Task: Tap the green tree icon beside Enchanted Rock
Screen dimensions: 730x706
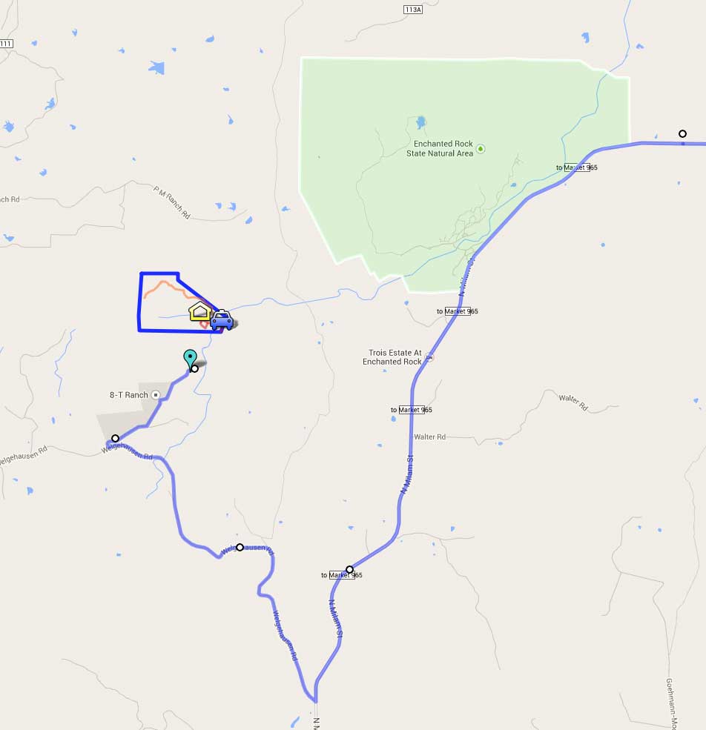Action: (x=481, y=149)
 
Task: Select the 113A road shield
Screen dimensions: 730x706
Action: (x=413, y=9)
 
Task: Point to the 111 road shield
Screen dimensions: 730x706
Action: (x=6, y=44)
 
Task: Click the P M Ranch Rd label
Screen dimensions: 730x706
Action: (x=172, y=202)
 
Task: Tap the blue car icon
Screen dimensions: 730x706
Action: (x=221, y=319)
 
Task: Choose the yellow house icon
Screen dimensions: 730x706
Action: (x=199, y=311)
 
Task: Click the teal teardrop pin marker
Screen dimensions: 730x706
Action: (x=190, y=358)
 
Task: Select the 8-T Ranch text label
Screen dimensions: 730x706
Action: (x=129, y=395)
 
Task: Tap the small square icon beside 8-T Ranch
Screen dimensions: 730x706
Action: (x=155, y=395)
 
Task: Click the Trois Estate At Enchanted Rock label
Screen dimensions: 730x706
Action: (x=395, y=357)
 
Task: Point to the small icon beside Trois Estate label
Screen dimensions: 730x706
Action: (x=429, y=357)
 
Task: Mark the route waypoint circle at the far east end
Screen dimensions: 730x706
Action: (x=682, y=134)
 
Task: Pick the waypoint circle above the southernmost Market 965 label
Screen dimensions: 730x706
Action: (x=350, y=569)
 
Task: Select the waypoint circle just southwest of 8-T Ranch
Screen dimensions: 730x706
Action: (x=115, y=438)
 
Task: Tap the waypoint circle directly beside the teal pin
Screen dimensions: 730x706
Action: (x=195, y=368)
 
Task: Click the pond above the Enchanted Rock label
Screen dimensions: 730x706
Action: (x=421, y=122)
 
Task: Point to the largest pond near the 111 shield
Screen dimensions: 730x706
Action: (x=156, y=68)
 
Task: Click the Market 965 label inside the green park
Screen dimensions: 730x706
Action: (x=577, y=167)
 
